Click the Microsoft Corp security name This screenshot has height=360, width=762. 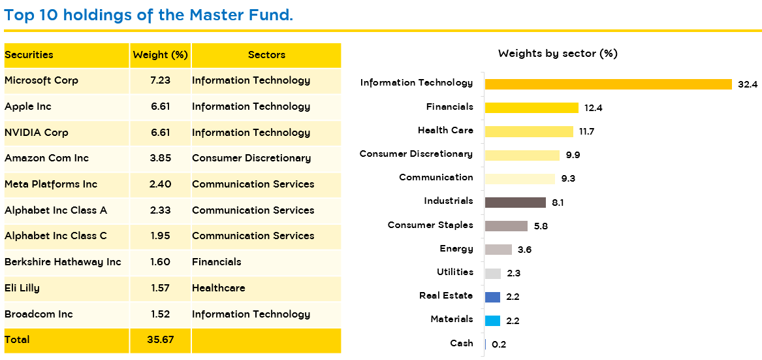pyautogui.click(x=41, y=80)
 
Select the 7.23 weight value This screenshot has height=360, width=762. pyautogui.click(x=160, y=80)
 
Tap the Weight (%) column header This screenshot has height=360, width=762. pyautogui.click(x=160, y=55)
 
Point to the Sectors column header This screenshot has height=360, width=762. pyautogui.click(x=266, y=55)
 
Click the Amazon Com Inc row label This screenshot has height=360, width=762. pyautogui.click(x=46, y=158)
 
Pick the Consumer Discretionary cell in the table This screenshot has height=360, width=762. pyautogui.click(x=251, y=158)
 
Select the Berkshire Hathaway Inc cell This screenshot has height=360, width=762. pyautogui.click(x=63, y=262)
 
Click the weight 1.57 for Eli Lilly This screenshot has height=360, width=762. pyautogui.click(x=160, y=288)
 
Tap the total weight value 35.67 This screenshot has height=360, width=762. pyautogui.click(x=160, y=340)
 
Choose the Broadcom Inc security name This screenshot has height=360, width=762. pyautogui.click(x=39, y=314)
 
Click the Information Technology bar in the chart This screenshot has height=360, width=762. pyautogui.click(x=608, y=84)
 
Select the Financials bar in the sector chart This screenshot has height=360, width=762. pyautogui.click(x=532, y=108)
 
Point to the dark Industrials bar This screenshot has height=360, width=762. pyautogui.click(x=515, y=203)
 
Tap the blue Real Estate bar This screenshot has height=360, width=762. pyautogui.click(x=492, y=297)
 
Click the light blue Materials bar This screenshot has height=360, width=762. pyautogui.click(x=492, y=321)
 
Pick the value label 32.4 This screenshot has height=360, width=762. pyautogui.click(x=748, y=84)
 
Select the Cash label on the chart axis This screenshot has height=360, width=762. pyautogui.click(x=462, y=343)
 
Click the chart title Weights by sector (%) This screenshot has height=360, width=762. pyautogui.click(x=558, y=54)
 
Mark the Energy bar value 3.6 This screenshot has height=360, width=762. pyautogui.click(x=524, y=250)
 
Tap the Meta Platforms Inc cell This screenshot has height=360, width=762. pyautogui.click(x=51, y=184)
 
